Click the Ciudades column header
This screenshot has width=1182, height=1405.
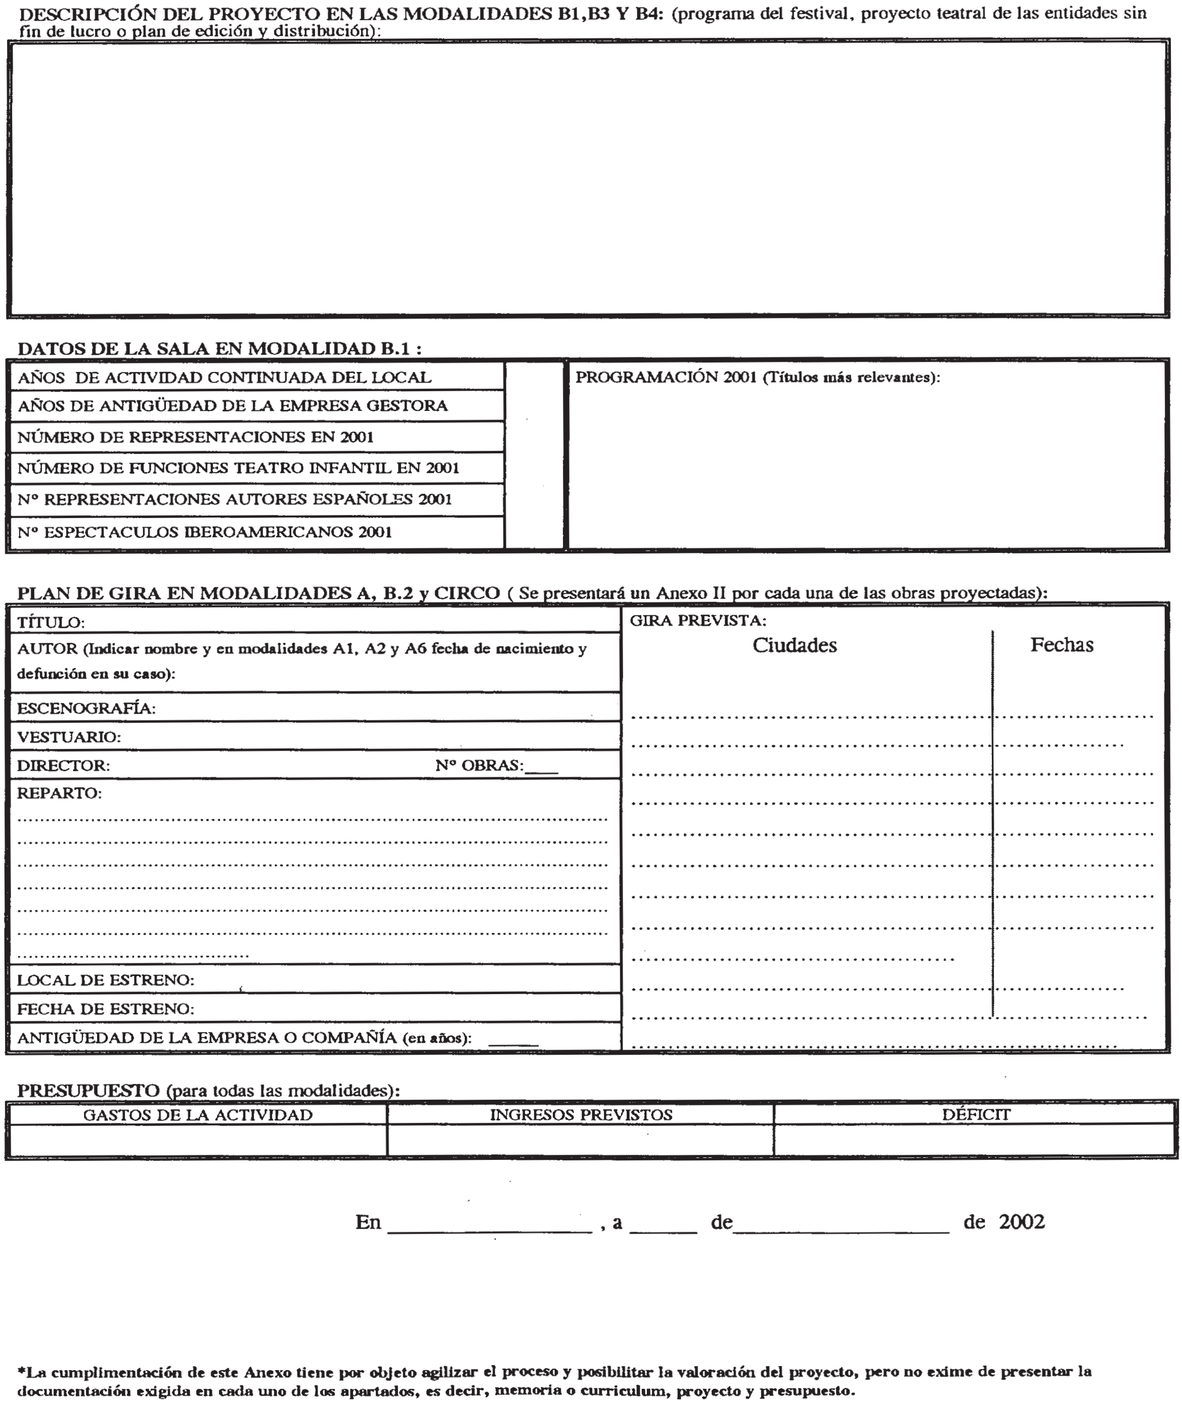point(794,645)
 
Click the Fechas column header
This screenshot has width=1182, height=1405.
point(1062,645)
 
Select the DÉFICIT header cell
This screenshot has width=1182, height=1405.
point(976,1114)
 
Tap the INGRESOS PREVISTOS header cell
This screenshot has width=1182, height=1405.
point(581,1115)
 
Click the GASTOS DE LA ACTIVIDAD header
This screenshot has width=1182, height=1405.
point(198,1115)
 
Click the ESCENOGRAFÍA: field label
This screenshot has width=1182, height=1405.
point(86,709)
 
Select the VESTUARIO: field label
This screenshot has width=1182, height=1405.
point(69,737)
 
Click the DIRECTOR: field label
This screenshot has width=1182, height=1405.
point(64,766)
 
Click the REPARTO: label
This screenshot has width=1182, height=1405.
point(60,793)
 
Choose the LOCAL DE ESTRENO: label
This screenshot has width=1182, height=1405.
point(106,980)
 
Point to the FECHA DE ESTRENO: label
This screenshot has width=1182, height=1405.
point(106,1009)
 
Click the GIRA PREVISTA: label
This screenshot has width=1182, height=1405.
point(697,621)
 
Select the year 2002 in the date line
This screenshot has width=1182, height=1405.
point(1021,1222)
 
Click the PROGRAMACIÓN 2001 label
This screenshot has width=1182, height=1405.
point(758,378)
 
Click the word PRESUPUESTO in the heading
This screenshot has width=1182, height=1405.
point(89,1090)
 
